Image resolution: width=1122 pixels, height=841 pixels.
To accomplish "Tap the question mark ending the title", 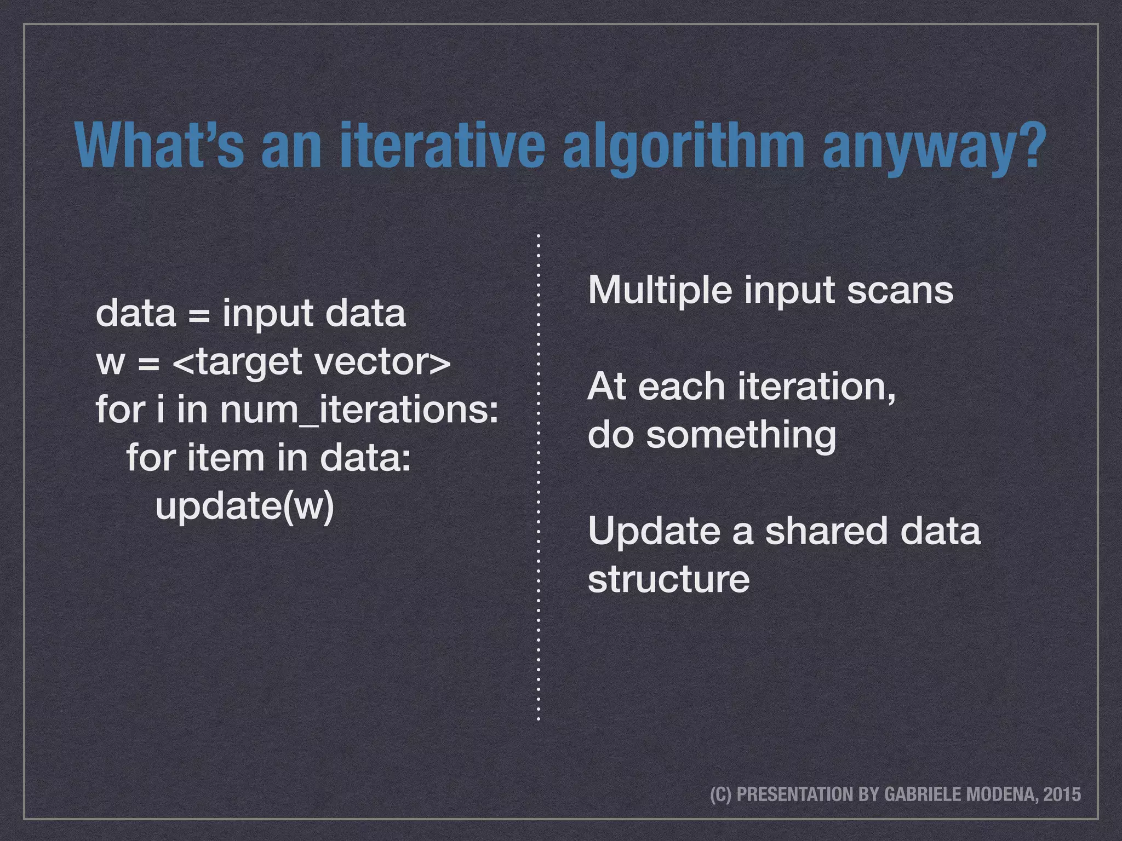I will click(x=1029, y=145).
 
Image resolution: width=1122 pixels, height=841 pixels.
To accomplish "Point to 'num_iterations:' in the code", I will click(x=359, y=410).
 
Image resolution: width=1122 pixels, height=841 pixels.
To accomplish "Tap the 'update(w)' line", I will click(x=244, y=506).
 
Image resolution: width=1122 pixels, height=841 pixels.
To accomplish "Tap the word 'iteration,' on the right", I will click(x=816, y=387).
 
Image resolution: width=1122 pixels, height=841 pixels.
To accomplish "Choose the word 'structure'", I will click(x=668, y=579).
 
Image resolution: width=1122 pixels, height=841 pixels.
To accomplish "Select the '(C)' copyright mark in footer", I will click(x=720, y=794).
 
